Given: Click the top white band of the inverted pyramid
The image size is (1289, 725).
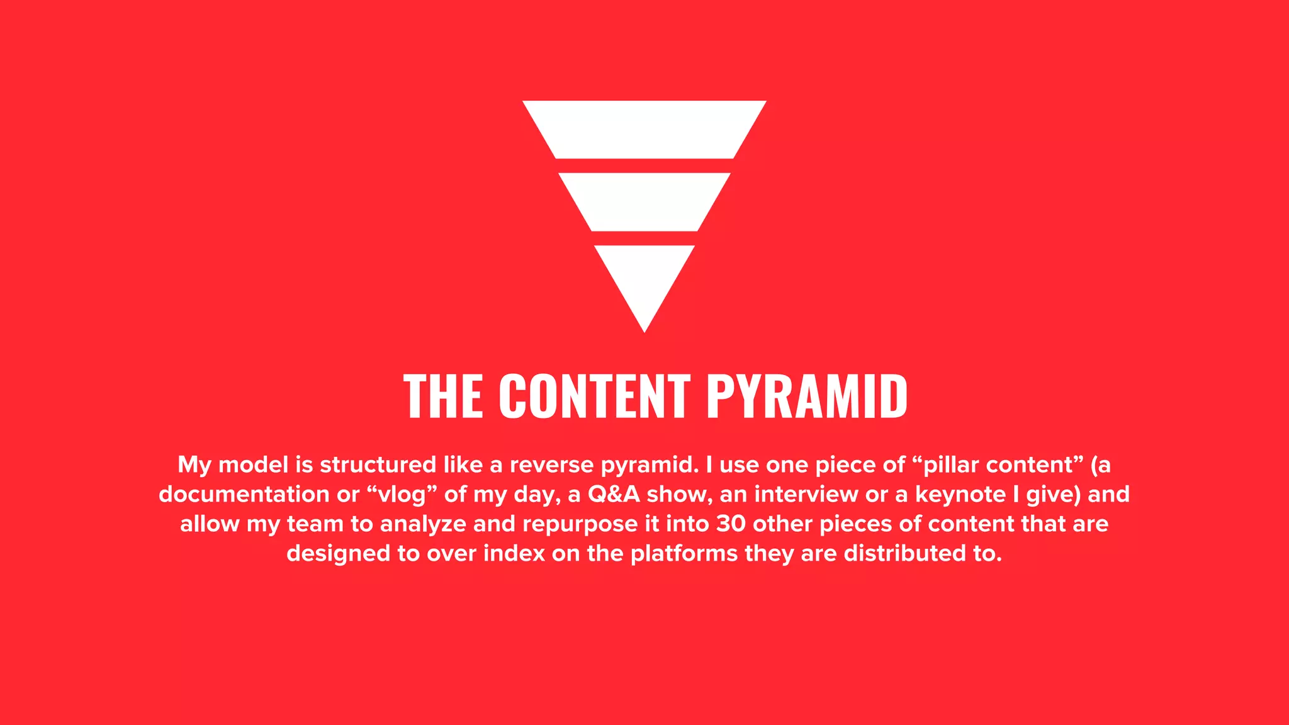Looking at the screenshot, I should click(x=644, y=130).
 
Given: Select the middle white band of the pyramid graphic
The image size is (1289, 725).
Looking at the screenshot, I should click(x=644, y=201).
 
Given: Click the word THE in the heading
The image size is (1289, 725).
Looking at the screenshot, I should click(x=443, y=396).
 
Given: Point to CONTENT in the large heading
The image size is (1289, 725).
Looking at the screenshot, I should click(x=595, y=396).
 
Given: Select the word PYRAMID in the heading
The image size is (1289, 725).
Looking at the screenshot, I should click(x=807, y=396).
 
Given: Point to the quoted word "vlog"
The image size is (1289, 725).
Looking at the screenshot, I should click(x=402, y=495).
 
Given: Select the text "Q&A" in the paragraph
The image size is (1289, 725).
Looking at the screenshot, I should click(x=614, y=495).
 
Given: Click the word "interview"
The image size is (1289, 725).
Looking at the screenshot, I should click(x=806, y=495).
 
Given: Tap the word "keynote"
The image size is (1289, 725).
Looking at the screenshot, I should click(x=960, y=495).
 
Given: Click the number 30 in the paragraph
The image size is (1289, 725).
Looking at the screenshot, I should click(x=731, y=524).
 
